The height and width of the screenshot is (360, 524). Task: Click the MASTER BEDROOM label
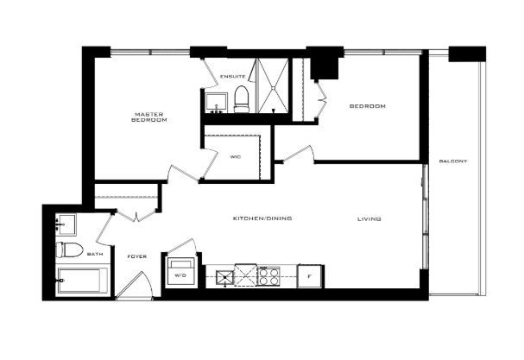point(149,117)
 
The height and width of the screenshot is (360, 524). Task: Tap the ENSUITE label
point(232,77)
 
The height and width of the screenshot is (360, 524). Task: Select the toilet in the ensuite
point(241,99)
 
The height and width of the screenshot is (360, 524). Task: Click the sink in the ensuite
point(216,103)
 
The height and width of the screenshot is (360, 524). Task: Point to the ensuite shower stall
point(274,86)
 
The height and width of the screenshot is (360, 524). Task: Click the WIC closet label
point(236,157)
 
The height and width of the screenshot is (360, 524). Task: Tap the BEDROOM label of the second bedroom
point(367,106)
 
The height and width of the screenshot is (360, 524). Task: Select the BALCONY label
point(453,161)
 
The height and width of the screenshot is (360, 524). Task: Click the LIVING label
point(369,219)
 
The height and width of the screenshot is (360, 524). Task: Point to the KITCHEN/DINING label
point(262,218)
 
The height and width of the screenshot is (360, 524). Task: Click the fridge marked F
point(310,276)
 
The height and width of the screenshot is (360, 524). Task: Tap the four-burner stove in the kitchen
point(268,276)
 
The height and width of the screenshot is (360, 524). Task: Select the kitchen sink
point(224,278)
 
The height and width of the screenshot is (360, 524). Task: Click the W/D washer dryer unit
point(180,271)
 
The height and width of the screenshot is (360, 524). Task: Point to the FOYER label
point(137,256)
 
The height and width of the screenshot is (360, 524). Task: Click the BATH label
point(95,254)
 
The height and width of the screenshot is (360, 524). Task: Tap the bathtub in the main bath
point(82,280)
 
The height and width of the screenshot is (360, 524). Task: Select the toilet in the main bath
point(69,249)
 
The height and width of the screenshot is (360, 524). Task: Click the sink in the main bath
point(66,224)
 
